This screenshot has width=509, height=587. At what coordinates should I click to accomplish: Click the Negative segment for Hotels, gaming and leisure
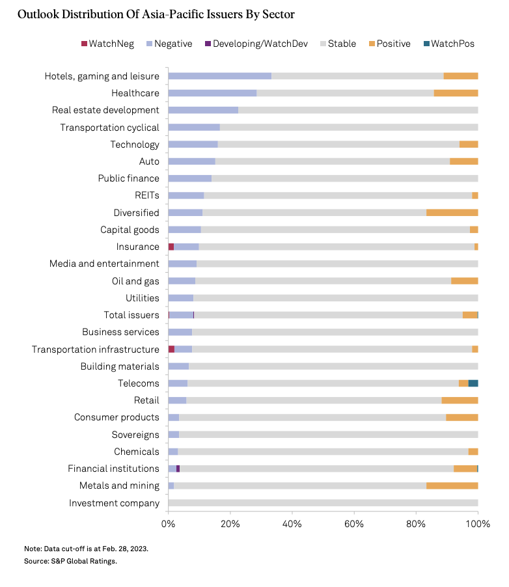(x=219, y=76)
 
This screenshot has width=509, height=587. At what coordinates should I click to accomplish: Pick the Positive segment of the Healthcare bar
(x=456, y=93)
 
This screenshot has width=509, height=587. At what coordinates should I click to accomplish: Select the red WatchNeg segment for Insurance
(x=171, y=247)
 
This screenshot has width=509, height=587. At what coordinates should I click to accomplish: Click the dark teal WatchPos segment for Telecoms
(x=473, y=383)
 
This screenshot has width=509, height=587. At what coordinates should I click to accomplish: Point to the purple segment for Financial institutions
(x=178, y=469)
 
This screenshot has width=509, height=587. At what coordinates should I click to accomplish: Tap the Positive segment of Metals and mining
(x=452, y=485)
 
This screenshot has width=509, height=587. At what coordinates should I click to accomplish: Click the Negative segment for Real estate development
(x=203, y=110)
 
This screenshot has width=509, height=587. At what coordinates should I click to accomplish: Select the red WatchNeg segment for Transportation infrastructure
(x=171, y=349)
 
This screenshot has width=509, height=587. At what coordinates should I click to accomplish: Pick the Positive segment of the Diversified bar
(x=452, y=212)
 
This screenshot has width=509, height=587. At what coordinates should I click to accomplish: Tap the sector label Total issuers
(x=131, y=315)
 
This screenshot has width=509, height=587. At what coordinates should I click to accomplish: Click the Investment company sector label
(x=114, y=502)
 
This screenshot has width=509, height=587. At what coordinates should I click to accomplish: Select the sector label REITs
(x=146, y=195)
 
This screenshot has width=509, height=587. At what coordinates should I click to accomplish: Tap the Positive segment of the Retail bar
(x=460, y=400)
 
